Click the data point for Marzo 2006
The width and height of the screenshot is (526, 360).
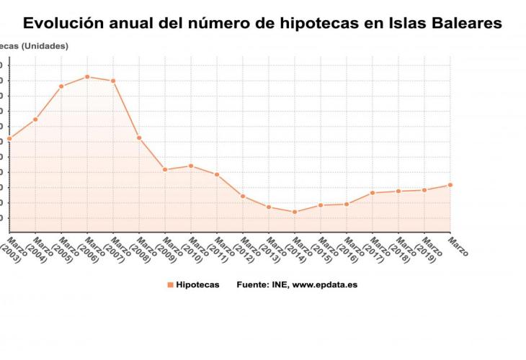[x=87, y=76]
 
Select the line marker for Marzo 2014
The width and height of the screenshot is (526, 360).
[x=295, y=212]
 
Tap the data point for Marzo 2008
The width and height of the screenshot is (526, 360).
[x=139, y=138]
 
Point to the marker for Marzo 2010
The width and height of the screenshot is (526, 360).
[x=191, y=166]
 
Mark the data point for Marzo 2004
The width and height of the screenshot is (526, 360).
[x=35, y=119]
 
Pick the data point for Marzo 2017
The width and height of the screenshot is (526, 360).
[x=373, y=192]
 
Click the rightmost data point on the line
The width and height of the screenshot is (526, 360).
[x=450, y=185]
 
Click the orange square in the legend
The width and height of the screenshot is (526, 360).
[x=170, y=284]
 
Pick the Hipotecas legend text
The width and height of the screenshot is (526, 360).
[x=197, y=284]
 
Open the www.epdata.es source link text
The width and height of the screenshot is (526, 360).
[x=324, y=284]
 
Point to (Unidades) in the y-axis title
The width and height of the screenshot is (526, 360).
[x=45, y=46]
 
